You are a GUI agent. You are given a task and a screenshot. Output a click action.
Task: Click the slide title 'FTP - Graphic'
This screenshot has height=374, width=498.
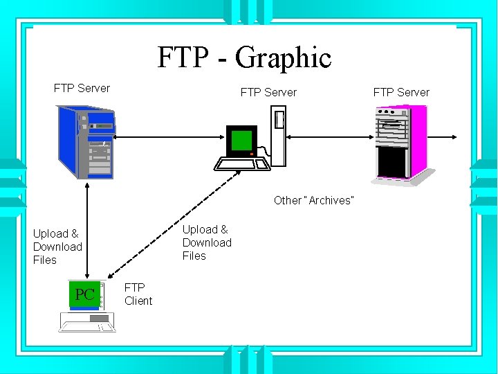[x=244, y=57]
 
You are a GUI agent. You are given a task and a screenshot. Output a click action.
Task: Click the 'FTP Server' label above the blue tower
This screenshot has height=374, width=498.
[x=82, y=88]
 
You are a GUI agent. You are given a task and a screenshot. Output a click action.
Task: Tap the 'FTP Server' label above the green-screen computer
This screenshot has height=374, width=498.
[x=268, y=92]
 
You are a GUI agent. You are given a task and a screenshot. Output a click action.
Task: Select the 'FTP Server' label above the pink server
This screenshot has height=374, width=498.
[x=401, y=92]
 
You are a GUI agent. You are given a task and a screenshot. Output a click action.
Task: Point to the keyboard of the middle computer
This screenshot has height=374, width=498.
[x=241, y=163]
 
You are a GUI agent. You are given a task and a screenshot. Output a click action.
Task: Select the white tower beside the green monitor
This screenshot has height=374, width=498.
[x=278, y=136]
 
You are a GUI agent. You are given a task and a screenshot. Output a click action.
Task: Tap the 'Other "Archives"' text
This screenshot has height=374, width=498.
[x=313, y=200]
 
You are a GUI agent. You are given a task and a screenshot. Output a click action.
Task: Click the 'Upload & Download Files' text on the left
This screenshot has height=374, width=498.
[x=57, y=247]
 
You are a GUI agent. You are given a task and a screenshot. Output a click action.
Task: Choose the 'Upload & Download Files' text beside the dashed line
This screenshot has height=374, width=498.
[x=207, y=242]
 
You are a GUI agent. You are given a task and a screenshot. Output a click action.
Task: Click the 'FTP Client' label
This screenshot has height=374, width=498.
[x=138, y=294]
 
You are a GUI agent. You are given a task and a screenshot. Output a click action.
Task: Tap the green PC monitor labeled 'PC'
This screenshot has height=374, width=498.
[x=85, y=294]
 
